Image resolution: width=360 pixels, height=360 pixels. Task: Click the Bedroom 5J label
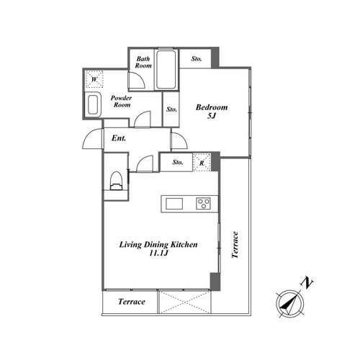[212, 111]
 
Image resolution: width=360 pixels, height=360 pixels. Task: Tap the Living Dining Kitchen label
[158, 248]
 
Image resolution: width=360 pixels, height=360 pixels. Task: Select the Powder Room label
[122, 102]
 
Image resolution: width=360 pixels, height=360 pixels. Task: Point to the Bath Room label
[143, 62]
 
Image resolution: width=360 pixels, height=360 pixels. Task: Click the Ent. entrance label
[119, 138]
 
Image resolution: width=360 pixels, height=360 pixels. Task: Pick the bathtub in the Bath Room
[166, 70]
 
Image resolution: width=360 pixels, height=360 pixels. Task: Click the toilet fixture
[116, 181]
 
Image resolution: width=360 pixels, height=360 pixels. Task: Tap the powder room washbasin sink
[93, 104]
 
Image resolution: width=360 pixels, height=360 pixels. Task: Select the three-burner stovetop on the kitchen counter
[203, 204]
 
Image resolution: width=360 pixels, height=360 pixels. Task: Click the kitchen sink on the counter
[174, 204]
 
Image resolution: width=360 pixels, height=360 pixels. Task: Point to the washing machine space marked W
[94, 79]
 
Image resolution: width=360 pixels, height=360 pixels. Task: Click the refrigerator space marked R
[202, 162]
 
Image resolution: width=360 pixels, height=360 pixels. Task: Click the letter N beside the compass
[307, 283]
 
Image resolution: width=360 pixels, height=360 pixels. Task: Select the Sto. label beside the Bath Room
[197, 58]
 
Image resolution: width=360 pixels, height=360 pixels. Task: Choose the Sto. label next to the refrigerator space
[177, 162]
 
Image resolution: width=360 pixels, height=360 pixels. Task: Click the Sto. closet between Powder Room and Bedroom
[171, 109]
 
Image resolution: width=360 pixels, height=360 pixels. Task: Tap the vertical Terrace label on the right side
[235, 245]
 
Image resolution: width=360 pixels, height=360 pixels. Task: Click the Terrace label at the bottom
[132, 302]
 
